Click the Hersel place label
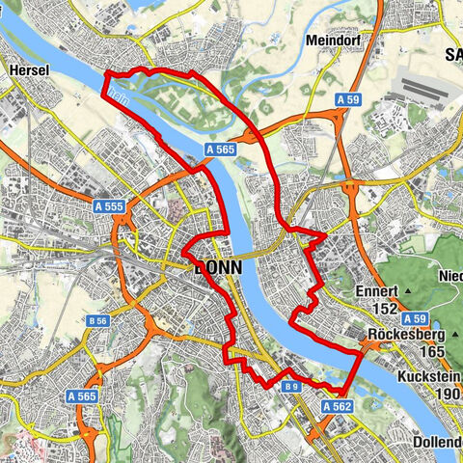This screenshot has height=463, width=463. (x=29, y=70)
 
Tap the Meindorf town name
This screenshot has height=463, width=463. (x=333, y=41)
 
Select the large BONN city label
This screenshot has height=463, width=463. (x=215, y=270)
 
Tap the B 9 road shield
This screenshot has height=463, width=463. (x=291, y=386)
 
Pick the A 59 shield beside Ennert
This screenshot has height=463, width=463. (x=416, y=318)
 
